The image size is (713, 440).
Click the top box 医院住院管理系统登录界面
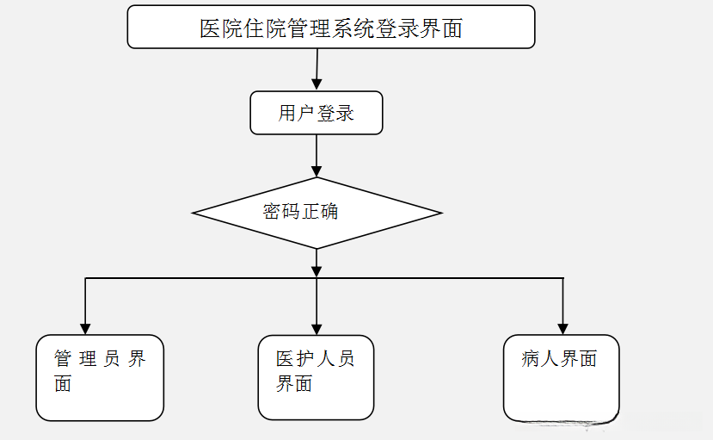point(331,28)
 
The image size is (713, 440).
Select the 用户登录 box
point(317,113)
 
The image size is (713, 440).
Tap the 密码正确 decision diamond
point(317,213)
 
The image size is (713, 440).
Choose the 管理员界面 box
point(100,377)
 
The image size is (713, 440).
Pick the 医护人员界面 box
point(317,377)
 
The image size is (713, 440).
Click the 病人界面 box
point(562,377)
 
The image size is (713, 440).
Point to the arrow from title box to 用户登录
point(317,69)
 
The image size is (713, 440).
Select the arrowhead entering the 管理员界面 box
point(85,328)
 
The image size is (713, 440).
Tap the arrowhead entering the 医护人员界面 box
point(317,328)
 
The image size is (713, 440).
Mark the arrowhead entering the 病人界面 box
point(563,328)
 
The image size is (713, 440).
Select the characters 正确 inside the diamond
point(320,211)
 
